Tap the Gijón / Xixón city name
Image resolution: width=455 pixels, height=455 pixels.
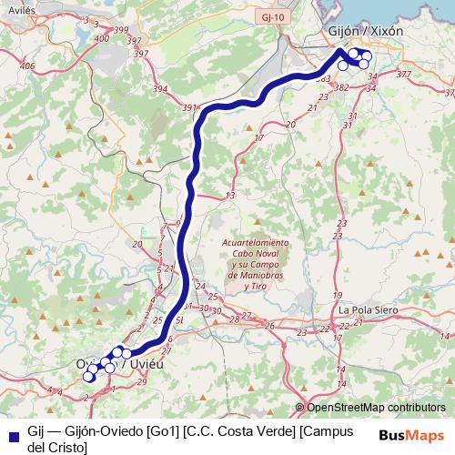click(365, 30)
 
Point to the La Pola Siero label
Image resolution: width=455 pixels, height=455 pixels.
click(369, 309)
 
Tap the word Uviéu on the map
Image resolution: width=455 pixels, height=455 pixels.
click(146, 364)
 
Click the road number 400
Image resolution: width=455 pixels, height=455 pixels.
click(100, 39)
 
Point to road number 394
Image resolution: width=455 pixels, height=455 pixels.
click(161, 88)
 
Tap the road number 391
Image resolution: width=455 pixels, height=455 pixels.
click(189, 108)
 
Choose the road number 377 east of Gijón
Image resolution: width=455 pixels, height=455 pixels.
click(404, 73)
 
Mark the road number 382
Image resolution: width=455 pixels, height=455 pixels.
click(342, 88)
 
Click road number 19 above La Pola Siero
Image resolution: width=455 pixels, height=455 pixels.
click(337, 297)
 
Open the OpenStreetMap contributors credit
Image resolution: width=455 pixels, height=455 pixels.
click(376, 408)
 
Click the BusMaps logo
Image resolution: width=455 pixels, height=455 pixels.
click(411, 436)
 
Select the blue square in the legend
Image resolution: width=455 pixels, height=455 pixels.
click(13, 435)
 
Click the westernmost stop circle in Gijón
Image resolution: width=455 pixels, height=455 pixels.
click(343, 65)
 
